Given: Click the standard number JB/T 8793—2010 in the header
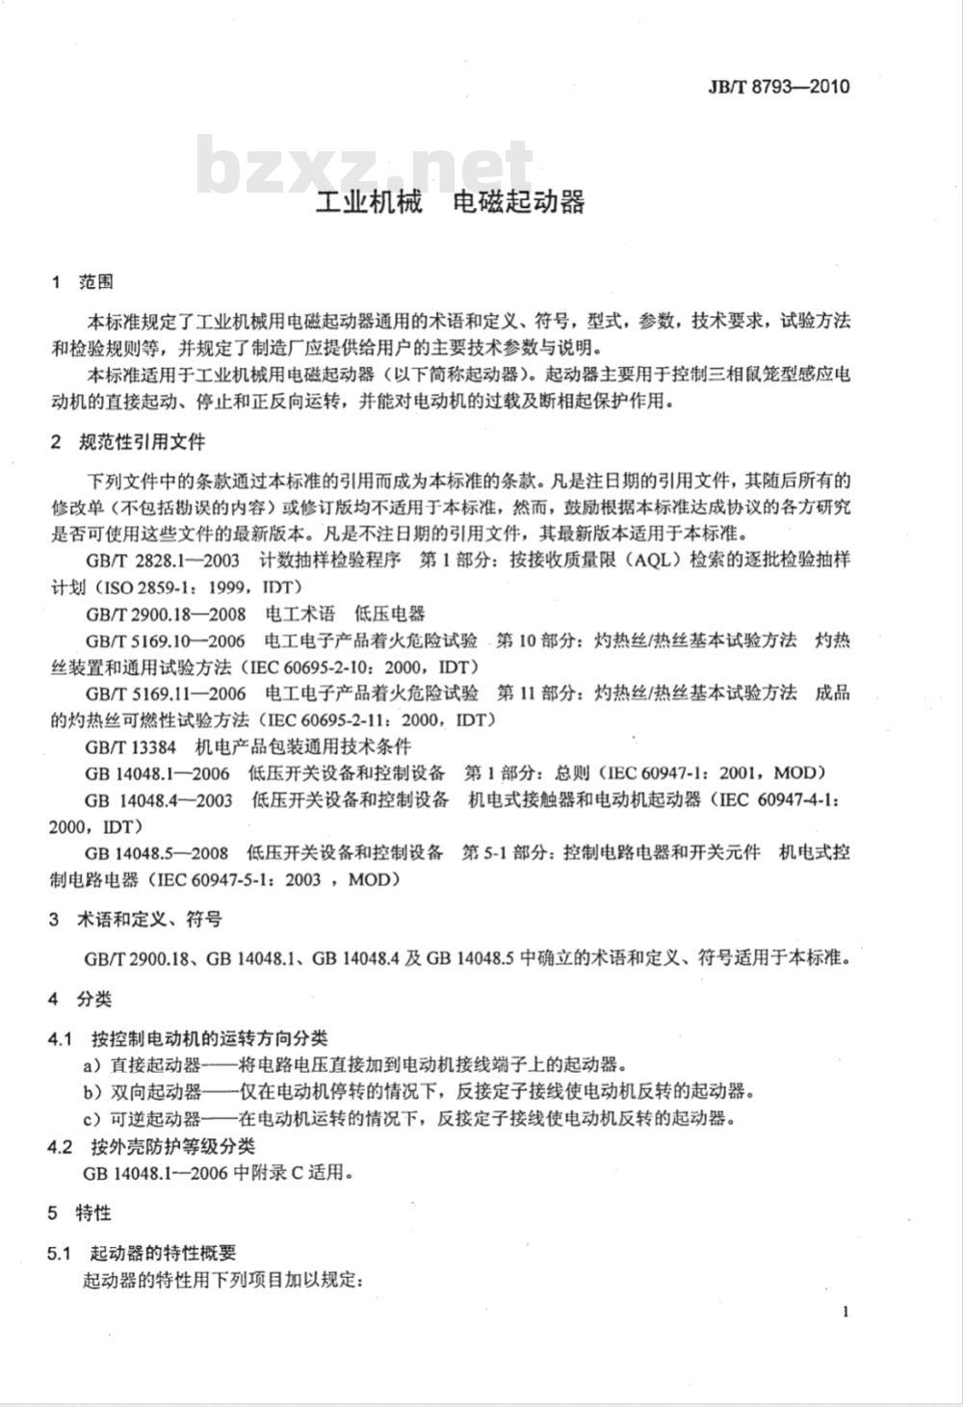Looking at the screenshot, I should coord(779,87).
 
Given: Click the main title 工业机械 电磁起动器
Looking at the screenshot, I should coord(451,203).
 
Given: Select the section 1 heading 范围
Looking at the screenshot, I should coord(96,282).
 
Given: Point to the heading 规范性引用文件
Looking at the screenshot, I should coord(142,442).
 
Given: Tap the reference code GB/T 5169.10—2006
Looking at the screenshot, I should coord(165,640).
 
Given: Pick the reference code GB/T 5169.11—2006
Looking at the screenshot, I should coord(165,693).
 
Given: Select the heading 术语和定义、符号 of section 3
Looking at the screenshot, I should coord(149,920).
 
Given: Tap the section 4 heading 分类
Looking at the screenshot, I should coord(95,1000).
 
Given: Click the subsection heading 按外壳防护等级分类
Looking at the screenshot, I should coord(173,1146).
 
